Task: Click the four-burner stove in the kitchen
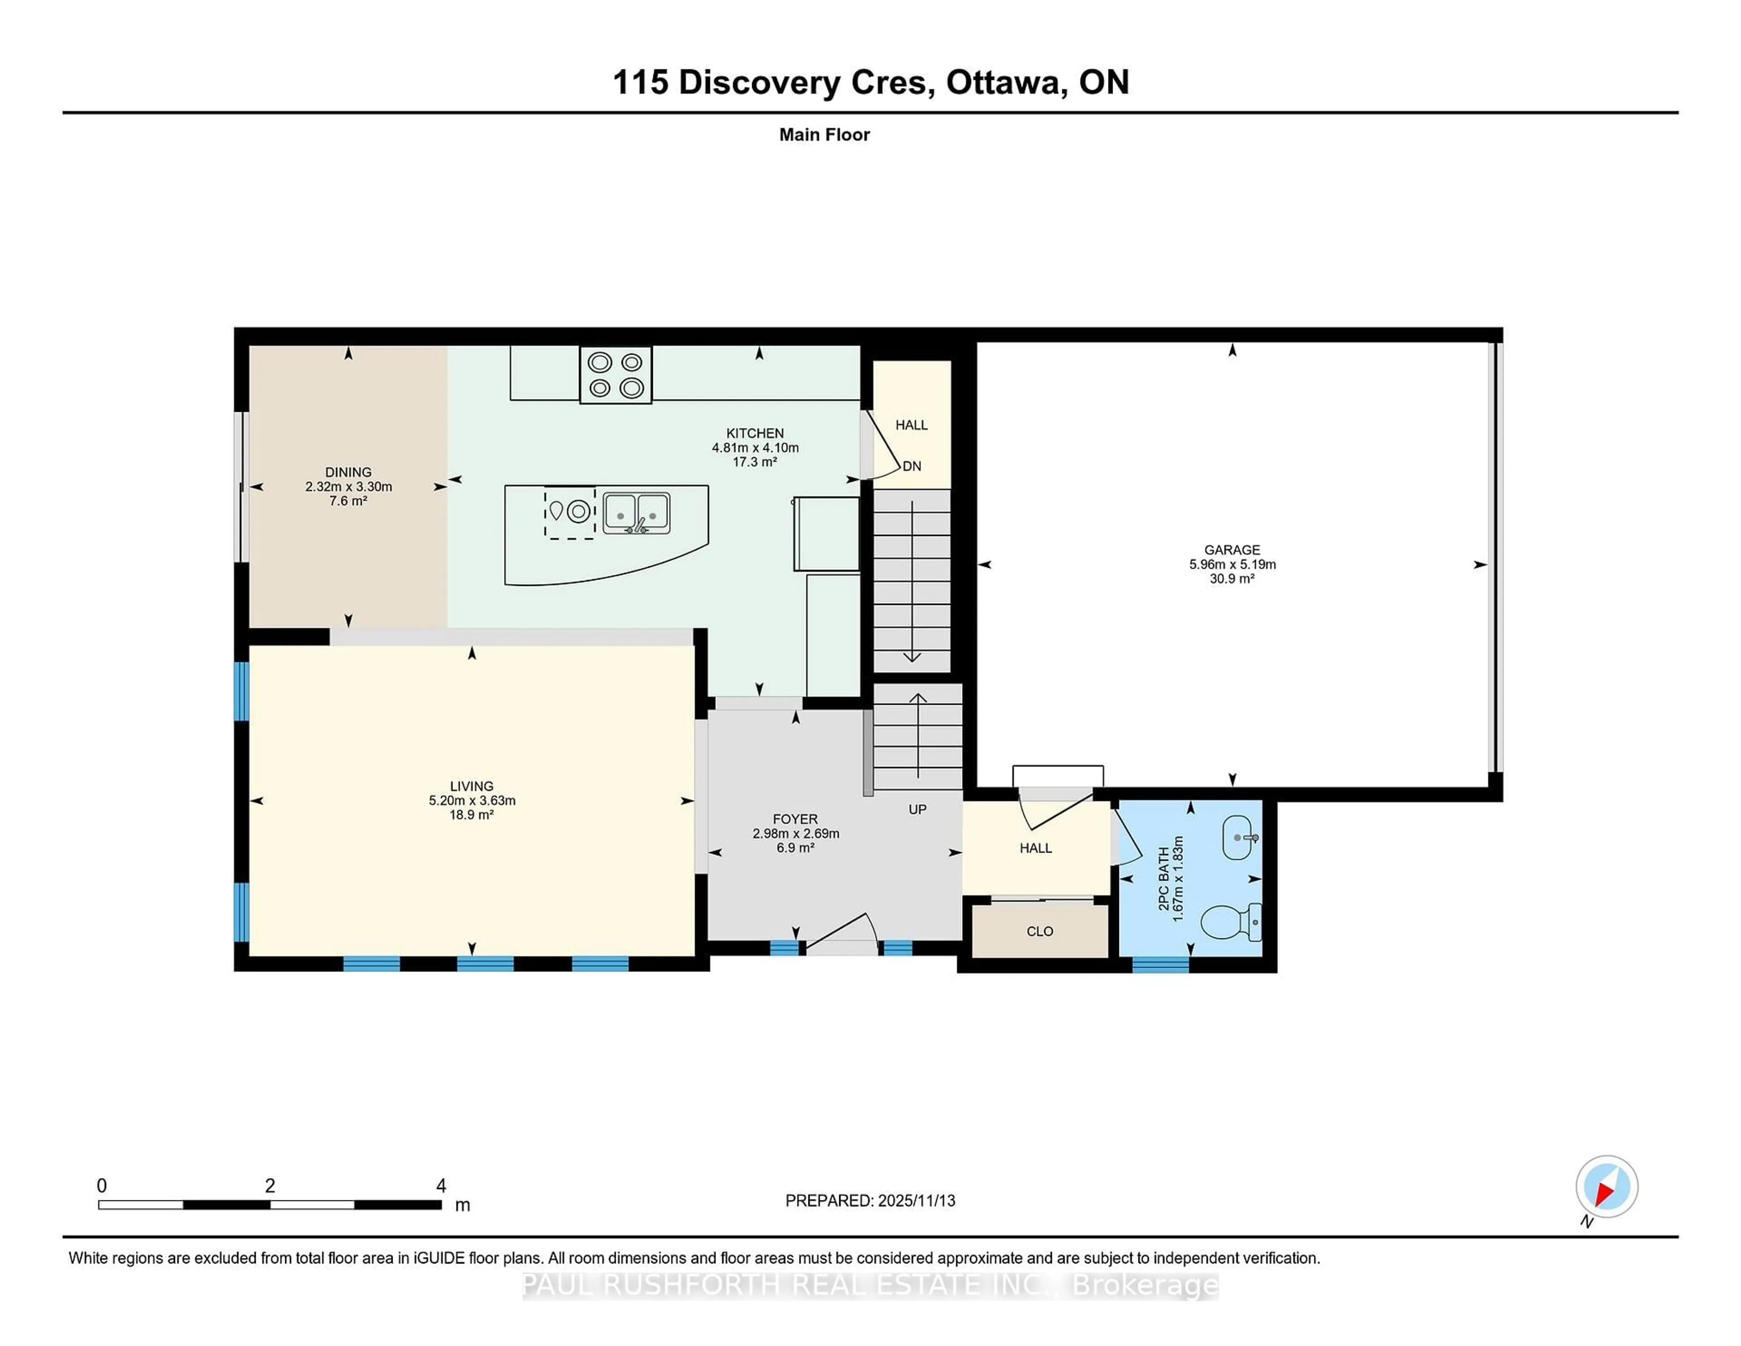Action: pyautogui.click(x=615, y=375)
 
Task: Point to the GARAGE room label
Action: pyautogui.click(x=1231, y=549)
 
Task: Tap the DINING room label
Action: pyautogui.click(x=348, y=472)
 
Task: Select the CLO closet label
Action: pyautogui.click(x=1040, y=931)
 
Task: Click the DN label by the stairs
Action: pyautogui.click(x=911, y=466)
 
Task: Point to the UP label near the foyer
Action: pyautogui.click(x=918, y=810)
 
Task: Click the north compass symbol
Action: pyautogui.click(x=1606, y=1186)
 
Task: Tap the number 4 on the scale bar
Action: pyautogui.click(x=441, y=1186)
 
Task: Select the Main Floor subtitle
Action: pyautogui.click(x=824, y=135)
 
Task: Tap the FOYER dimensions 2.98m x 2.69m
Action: pyautogui.click(x=796, y=833)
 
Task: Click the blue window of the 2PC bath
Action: pyautogui.click(x=1160, y=964)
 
